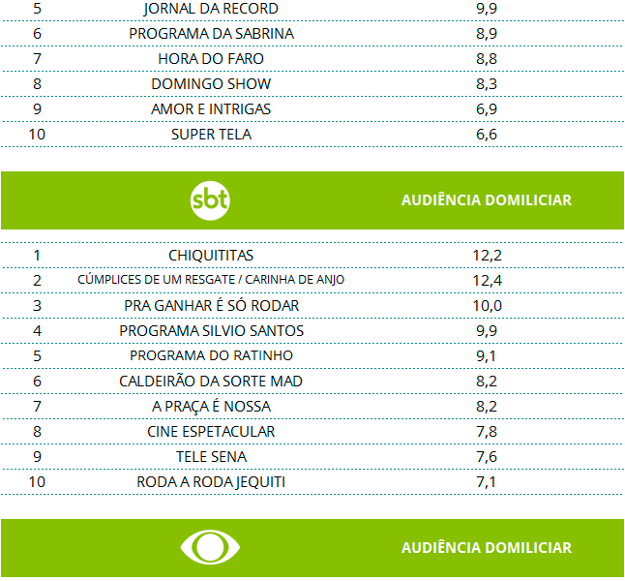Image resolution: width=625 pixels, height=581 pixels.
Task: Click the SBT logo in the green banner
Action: click(x=210, y=200)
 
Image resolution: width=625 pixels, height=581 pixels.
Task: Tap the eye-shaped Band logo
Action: click(x=210, y=547)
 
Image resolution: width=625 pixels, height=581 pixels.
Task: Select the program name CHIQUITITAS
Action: click(x=211, y=255)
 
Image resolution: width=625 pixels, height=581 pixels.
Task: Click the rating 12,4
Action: click(x=487, y=280)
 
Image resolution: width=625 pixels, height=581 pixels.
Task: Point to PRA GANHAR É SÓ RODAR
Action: click(x=211, y=305)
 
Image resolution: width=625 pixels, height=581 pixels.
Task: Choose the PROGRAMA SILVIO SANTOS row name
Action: click(x=211, y=330)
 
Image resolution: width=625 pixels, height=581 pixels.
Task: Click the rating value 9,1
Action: click(x=487, y=355)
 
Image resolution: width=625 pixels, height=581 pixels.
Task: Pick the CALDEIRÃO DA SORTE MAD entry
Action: click(x=211, y=381)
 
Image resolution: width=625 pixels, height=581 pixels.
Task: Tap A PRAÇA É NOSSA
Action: click(x=211, y=406)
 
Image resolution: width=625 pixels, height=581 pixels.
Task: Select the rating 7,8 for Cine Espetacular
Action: click(x=487, y=431)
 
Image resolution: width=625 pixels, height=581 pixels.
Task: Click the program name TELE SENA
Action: click(x=211, y=456)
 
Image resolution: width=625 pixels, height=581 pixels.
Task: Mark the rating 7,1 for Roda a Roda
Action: click(x=487, y=481)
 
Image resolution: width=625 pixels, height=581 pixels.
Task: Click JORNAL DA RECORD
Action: click(x=211, y=9)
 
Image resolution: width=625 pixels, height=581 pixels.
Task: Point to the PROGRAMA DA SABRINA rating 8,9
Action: click(x=487, y=34)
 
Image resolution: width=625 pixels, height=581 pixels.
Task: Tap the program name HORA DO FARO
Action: click(x=211, y=59)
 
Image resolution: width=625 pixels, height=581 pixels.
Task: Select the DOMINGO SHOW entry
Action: click(x=211, y=84)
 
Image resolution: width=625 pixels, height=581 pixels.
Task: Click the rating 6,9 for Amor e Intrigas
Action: click(x=487, y=109)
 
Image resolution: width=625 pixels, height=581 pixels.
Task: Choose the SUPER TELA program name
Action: click(x=211, y=135)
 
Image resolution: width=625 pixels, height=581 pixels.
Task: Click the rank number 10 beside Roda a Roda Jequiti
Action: click(x=37, y=481)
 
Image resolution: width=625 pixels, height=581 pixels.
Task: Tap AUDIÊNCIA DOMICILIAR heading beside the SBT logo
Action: click(x=486, y=200)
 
